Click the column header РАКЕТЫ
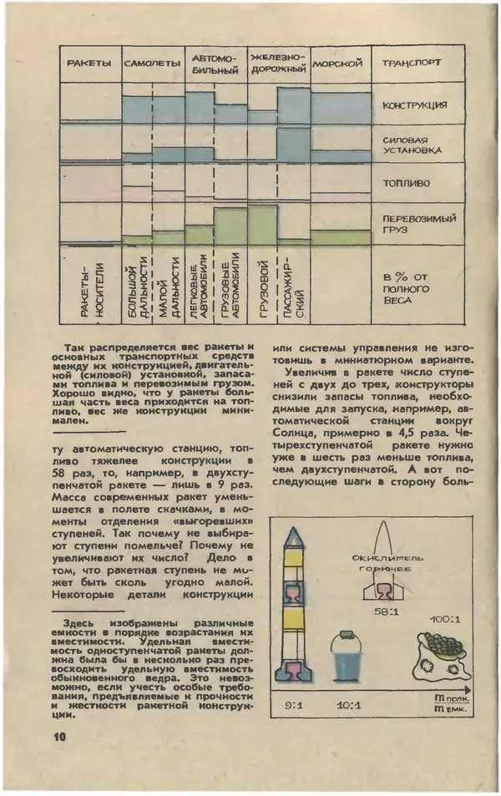point(91,64)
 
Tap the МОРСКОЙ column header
point(339,63)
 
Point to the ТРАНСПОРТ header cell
point(412,63)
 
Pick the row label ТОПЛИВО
point(406,181)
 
